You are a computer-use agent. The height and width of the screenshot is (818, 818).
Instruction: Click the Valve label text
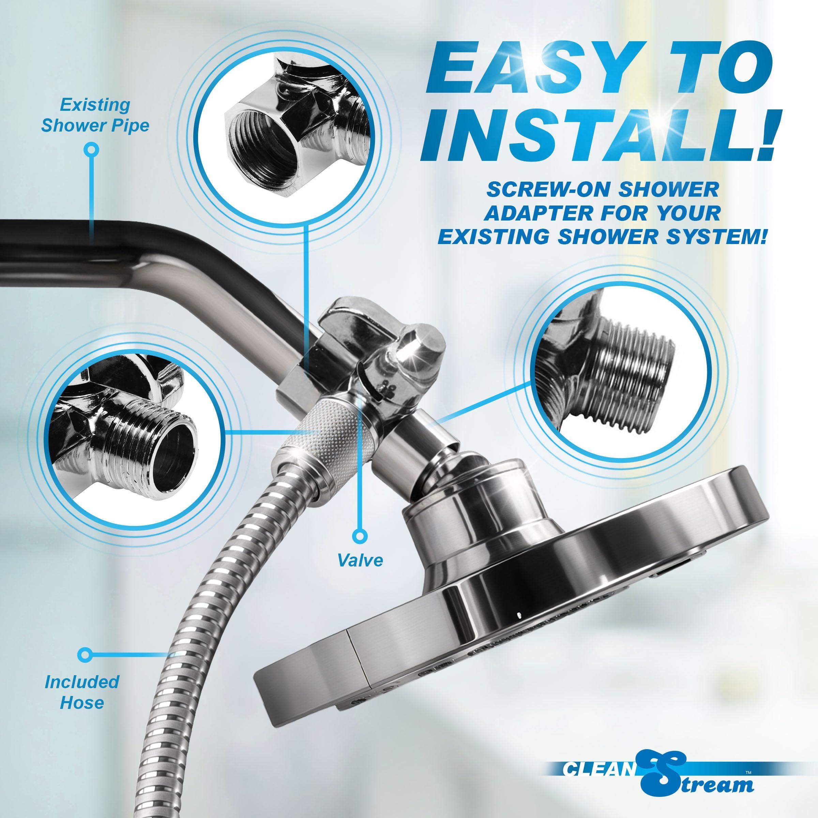click(x=360, y=560)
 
